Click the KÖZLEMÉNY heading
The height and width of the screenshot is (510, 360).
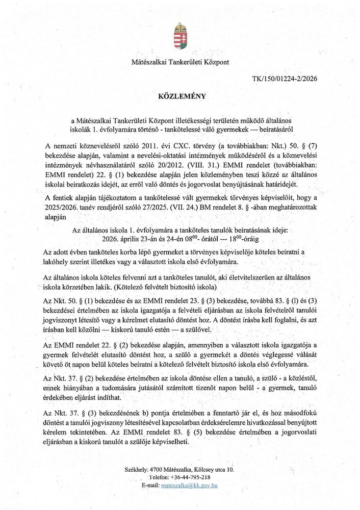click(x=180, y=96)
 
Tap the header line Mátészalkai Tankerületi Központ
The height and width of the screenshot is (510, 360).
click(x=180, y=62)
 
